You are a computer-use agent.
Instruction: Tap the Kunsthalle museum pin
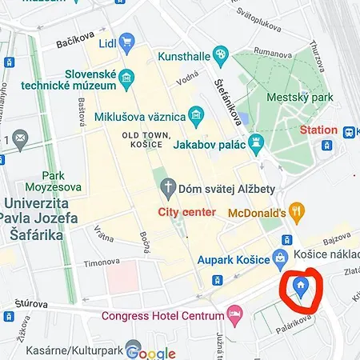[222, 54]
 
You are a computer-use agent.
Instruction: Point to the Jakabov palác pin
[256, 145]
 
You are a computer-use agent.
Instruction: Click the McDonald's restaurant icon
[297, 212]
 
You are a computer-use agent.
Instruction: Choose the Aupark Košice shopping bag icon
[280, 258]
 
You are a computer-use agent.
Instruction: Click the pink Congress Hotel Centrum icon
[234, 314]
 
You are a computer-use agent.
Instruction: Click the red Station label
[318, 130]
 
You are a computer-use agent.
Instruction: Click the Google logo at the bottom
[150, 353]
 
